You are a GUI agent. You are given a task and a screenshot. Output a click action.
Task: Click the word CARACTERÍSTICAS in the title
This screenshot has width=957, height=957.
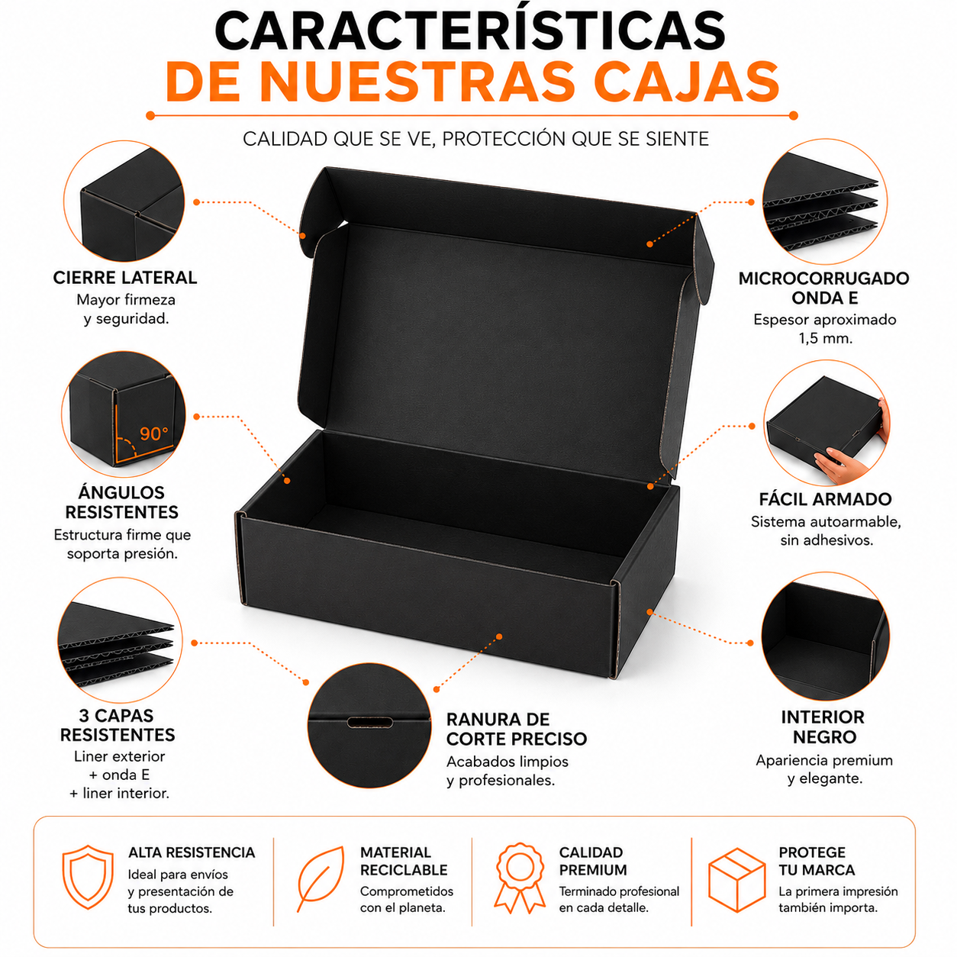470,30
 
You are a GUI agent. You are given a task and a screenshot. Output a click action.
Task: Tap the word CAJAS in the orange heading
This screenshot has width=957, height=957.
686,82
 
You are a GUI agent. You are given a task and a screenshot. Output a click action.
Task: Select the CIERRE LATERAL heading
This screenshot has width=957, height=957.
125,278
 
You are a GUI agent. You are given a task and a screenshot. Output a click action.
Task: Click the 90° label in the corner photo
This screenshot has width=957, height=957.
153,434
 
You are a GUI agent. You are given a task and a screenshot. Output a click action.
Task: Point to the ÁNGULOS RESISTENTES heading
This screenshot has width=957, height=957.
121,502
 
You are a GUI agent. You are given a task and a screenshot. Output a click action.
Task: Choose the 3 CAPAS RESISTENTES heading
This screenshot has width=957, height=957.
118,725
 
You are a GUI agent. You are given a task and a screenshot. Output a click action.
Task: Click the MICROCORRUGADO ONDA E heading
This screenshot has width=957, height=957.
824,288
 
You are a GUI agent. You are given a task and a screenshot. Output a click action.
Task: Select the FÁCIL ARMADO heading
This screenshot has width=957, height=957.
826,499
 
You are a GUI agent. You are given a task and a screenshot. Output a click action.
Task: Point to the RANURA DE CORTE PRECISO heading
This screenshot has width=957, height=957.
517,729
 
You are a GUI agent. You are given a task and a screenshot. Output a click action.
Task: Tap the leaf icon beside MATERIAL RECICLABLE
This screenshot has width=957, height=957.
321,878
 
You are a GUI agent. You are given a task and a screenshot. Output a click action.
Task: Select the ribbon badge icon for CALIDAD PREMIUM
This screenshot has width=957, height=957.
520,878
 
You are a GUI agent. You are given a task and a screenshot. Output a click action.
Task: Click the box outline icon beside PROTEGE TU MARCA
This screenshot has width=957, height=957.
736,879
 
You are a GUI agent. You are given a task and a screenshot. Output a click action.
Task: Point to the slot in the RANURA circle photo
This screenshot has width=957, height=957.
369,722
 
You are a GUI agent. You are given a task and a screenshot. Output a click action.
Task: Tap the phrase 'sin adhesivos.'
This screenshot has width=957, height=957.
826,540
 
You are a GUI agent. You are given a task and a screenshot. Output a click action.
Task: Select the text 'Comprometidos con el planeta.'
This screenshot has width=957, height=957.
407,900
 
